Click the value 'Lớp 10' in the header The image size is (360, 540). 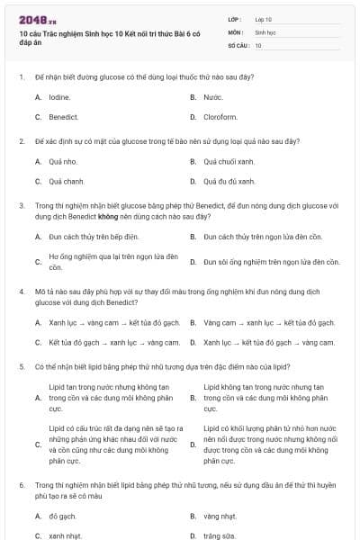(x=263, y=19)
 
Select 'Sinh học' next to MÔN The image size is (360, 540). (x=265, y=31)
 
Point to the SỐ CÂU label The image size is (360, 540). (x=237, y=45)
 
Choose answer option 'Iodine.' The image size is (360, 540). (x=59, y=96)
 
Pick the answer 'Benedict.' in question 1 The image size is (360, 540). (x=63, y=117)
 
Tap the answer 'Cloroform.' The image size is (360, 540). (x=220, y=117)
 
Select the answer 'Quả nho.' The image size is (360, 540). (x=63, y=162)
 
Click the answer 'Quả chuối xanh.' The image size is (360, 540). (x=229, y=162)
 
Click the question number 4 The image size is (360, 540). (x=21, y=292)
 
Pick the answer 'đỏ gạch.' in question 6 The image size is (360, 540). (x=63, y=517)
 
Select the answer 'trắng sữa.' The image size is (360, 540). (x=220, y=535)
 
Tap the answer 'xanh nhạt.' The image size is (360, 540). (x=66, y=535)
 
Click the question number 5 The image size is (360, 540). (x=21, y=367)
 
